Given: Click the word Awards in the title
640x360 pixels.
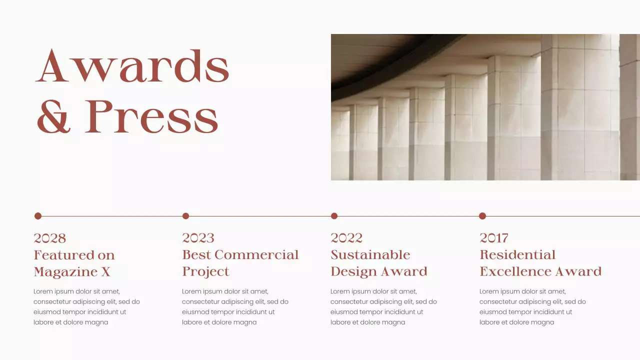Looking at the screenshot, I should pos(132,66).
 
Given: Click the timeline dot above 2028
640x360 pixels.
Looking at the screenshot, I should pos(38,216).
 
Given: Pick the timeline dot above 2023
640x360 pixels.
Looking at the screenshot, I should pos(185,216).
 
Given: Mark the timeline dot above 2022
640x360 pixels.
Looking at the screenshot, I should pos(334,216).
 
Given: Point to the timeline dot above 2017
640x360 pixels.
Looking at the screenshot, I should pos(482,216).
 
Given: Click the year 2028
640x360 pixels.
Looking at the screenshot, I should pos(49,238).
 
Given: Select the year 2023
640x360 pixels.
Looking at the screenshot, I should pos(198,238).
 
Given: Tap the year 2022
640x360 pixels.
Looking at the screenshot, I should pos(346,238).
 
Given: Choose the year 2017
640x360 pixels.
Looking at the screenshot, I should pos(494,238).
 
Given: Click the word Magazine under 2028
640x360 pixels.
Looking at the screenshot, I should pos(64,272).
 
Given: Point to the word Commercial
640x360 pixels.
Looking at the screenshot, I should pos(256,255).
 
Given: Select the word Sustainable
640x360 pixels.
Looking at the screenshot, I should pos(370,255).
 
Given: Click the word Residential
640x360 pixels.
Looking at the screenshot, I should pos(517,255).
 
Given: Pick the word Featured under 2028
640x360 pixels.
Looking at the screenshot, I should pos(60,255).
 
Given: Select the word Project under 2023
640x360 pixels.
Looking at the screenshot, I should pos(205,272).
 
